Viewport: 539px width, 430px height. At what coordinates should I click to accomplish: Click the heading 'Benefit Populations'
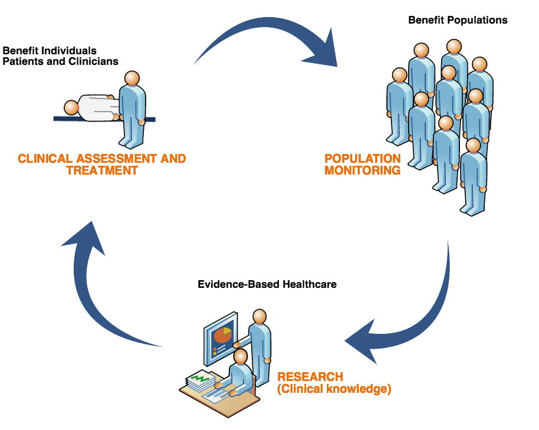coord(458,20)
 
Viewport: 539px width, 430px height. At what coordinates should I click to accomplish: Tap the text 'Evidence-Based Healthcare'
coord(267,284)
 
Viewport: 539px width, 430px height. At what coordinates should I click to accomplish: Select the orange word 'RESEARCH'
coord(310,377)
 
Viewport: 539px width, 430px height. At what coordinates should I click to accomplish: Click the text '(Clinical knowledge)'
coord(334,389)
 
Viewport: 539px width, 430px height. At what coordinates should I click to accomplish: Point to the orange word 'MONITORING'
coord(363,170)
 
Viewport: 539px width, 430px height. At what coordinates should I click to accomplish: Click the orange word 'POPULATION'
coord(363,159)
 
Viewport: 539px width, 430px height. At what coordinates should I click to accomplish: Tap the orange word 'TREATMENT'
coord(102,170)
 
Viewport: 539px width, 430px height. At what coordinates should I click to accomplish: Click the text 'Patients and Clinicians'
coord(61,61)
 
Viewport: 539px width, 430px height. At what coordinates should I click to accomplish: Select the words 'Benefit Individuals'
coord(50,51)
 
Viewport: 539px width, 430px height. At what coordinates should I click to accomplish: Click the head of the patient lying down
coord(72,108)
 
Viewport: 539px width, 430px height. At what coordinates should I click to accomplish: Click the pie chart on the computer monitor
coord(223,335)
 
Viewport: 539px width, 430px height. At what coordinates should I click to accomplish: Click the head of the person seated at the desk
coord(241,356)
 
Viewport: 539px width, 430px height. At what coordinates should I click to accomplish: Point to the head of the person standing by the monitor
coord(260,316)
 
